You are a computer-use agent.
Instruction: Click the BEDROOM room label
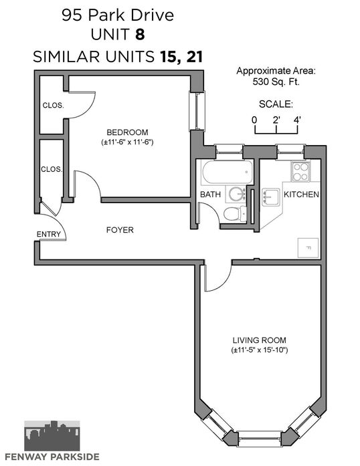coord(127,132)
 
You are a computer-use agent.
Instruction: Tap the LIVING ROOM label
coord(260,340)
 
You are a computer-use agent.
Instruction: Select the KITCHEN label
coord(301,195)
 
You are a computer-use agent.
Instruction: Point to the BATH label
coord(210,195)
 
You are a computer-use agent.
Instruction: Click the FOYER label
coord(120,230)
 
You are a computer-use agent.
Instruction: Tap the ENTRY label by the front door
coord(48,234)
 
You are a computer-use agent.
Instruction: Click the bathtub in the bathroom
coord(228,172)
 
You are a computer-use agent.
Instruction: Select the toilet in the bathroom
coord(235,213)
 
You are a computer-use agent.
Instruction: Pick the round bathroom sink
coord(237,194)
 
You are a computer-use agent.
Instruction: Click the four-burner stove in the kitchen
coord(300,172)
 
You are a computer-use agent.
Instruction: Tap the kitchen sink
coord(270,197)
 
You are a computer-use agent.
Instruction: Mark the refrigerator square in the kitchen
coord(308,247)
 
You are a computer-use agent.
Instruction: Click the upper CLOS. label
coord(53,105)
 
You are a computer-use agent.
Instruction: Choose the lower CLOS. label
coord(52,169)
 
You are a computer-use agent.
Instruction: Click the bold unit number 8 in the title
coord(140,34)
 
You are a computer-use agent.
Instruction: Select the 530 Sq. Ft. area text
coord(276,82)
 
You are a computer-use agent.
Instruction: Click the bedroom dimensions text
coord(127,142)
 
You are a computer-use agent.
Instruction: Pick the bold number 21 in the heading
coord(195,56)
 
